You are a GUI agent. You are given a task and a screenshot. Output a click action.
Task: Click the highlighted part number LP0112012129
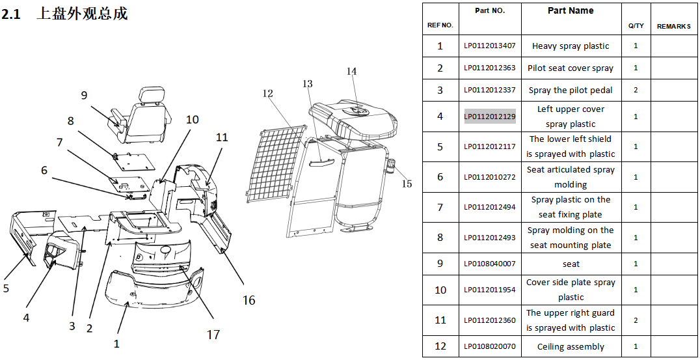[x=490, y=117]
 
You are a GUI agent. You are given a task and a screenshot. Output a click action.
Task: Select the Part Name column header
[x=571, y=10]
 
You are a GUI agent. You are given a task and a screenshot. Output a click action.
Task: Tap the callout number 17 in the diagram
[x=213, y=334]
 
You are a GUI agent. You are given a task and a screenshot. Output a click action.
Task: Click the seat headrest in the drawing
[x=147, y=94]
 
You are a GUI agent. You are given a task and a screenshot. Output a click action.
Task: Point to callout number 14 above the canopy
[x=352, y=71]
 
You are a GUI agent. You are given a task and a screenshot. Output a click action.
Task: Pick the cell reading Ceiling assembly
[x=571, y=346]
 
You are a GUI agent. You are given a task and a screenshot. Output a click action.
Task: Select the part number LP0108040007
[x=490, y=264]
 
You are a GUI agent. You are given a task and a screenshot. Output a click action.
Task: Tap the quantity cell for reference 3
[x=636, y=90]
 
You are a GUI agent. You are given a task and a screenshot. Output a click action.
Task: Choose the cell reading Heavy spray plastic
[x=571, y=46]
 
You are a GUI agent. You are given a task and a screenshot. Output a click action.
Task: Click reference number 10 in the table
[x=440, y=290]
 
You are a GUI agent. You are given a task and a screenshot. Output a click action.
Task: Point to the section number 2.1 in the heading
[x=10, y=14]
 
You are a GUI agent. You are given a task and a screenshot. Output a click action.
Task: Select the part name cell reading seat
[x=571, y=264]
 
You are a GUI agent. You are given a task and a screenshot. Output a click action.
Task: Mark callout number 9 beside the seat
[x=84, y=94]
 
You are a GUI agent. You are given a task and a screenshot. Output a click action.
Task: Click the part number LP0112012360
[x=490, y=320]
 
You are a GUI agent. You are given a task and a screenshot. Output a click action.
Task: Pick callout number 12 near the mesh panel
[x=267, y=93]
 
